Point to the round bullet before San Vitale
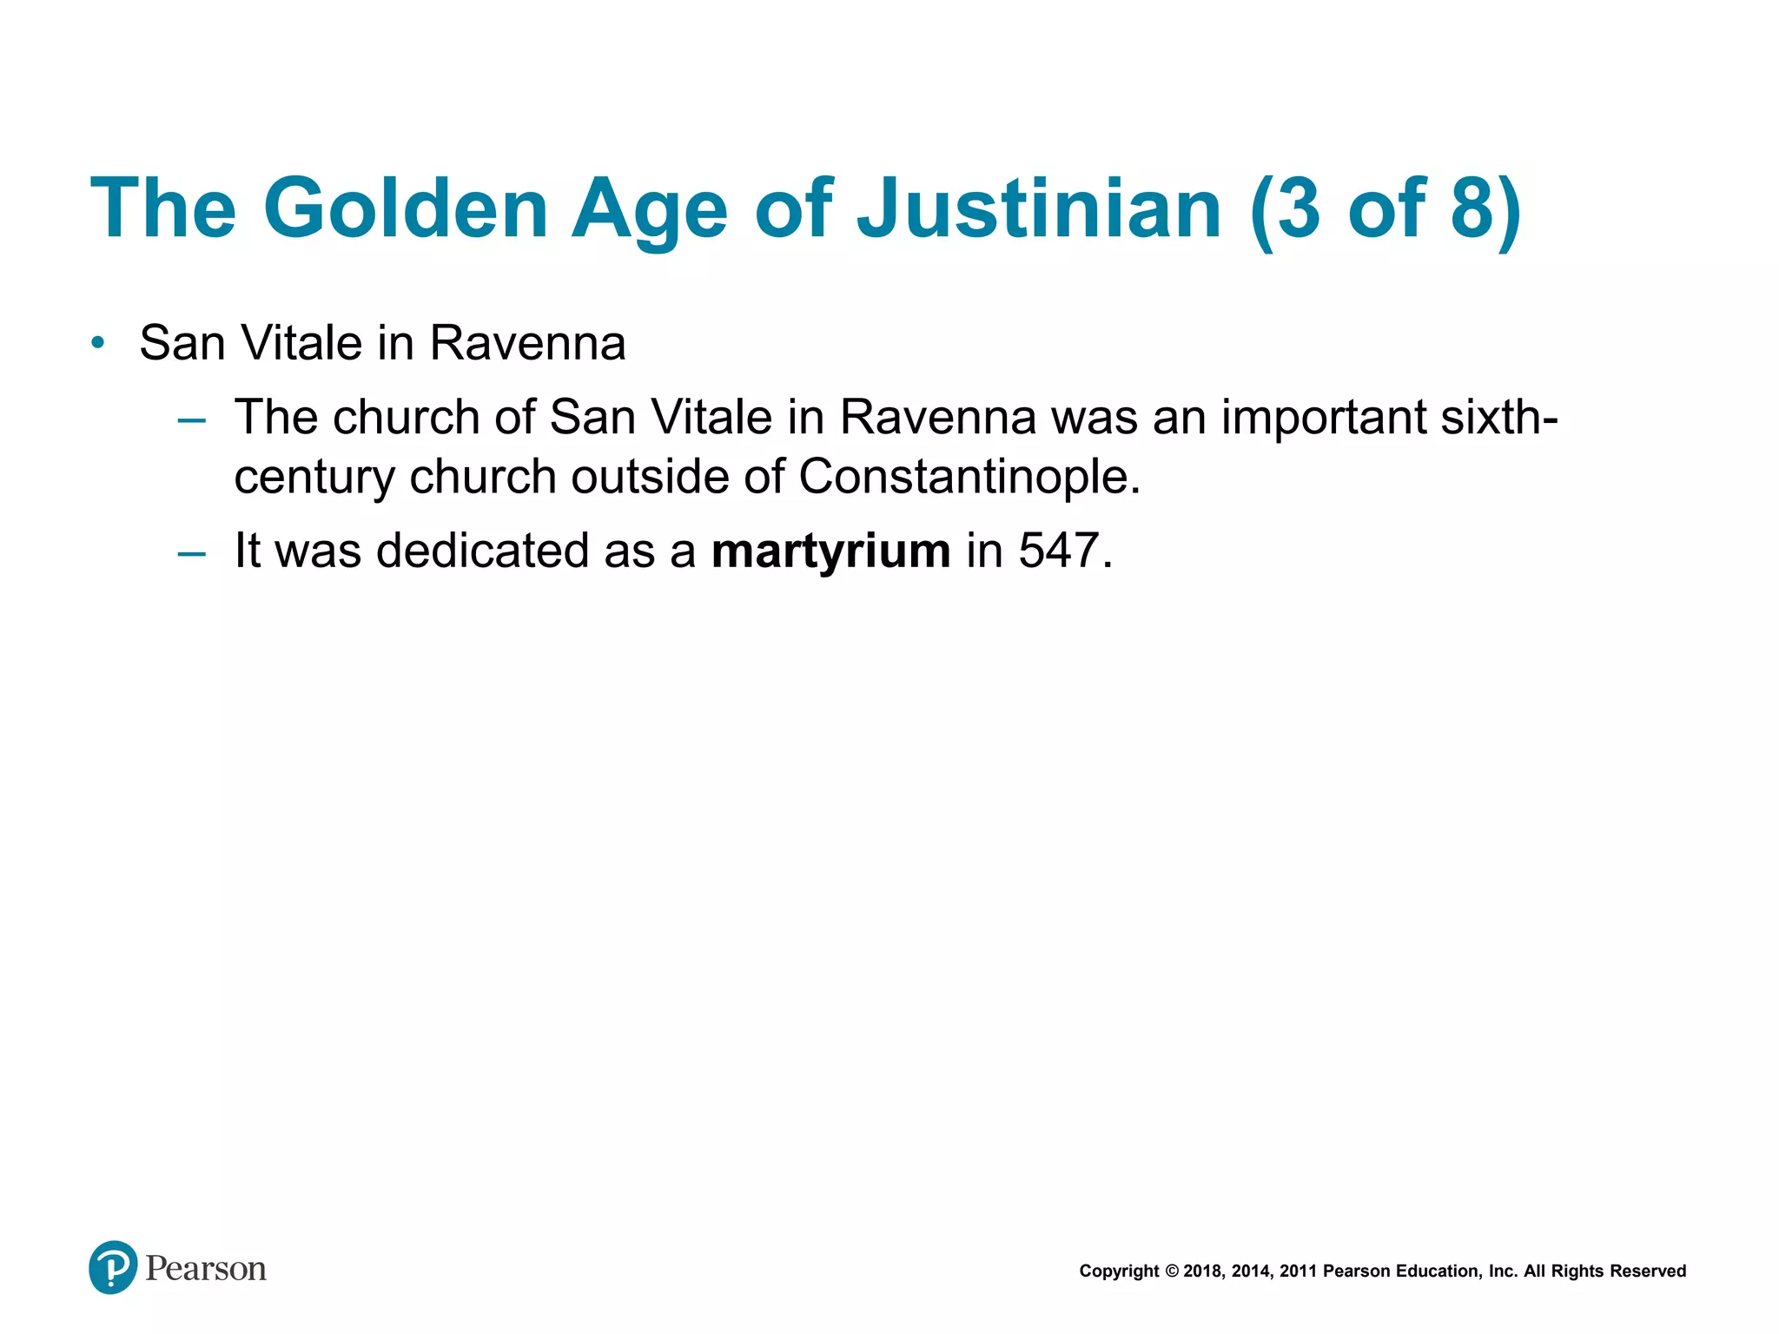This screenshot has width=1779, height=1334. tap(98, 343)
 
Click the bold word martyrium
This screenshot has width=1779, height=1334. tap(830, 551)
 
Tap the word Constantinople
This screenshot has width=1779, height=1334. tap(969, 477)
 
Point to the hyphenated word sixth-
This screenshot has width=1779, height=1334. tap(1499, 417)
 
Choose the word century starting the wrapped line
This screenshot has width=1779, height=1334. tap(314, 479)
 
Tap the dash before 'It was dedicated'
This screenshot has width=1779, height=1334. tap(191, 552)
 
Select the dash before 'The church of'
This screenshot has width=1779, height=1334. tap(191, 420)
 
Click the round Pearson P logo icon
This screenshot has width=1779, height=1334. tap(113, 1268)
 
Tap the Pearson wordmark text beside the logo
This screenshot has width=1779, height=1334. tap(206, 1269)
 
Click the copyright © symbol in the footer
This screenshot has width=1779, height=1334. tap(1171, 1271)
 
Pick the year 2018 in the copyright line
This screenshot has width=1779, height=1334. tap(1203, 1271)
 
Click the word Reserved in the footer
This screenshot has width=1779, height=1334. tap(1648, 1271)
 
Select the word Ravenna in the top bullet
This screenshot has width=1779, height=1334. tap(527, 343)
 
